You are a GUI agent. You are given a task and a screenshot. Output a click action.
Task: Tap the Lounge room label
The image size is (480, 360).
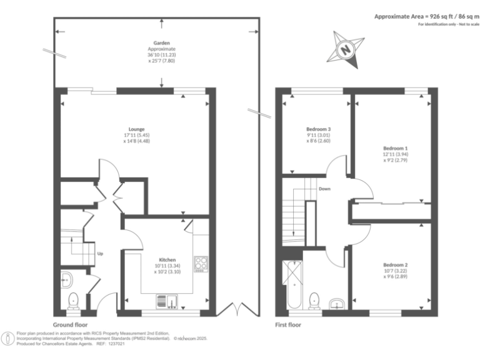click(x=136, y=129)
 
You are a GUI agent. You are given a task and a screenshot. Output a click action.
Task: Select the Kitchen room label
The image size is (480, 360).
click(x=167, y=259)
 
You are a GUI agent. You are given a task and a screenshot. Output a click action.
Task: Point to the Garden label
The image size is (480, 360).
click(x=162, y=43)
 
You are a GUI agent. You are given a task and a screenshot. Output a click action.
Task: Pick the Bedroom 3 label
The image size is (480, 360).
click(x=318, y=129)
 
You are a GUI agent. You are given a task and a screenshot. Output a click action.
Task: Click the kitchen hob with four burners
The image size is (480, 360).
click(x=201, y=264)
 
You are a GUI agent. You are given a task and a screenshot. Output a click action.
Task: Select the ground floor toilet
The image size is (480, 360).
click(x=74, y=301)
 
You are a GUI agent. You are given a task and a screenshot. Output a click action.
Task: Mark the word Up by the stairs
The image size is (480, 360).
click(x=100, y=254)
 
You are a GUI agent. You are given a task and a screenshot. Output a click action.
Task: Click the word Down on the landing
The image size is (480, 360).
click(x=324, y=188)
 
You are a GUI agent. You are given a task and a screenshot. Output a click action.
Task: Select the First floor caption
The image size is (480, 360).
click(x=288, y=325)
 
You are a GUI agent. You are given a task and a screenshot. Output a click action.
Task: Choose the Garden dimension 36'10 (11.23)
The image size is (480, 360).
click(x=162, y=55)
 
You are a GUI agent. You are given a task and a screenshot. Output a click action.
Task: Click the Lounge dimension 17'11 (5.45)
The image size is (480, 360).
click(x=136, y=135)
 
